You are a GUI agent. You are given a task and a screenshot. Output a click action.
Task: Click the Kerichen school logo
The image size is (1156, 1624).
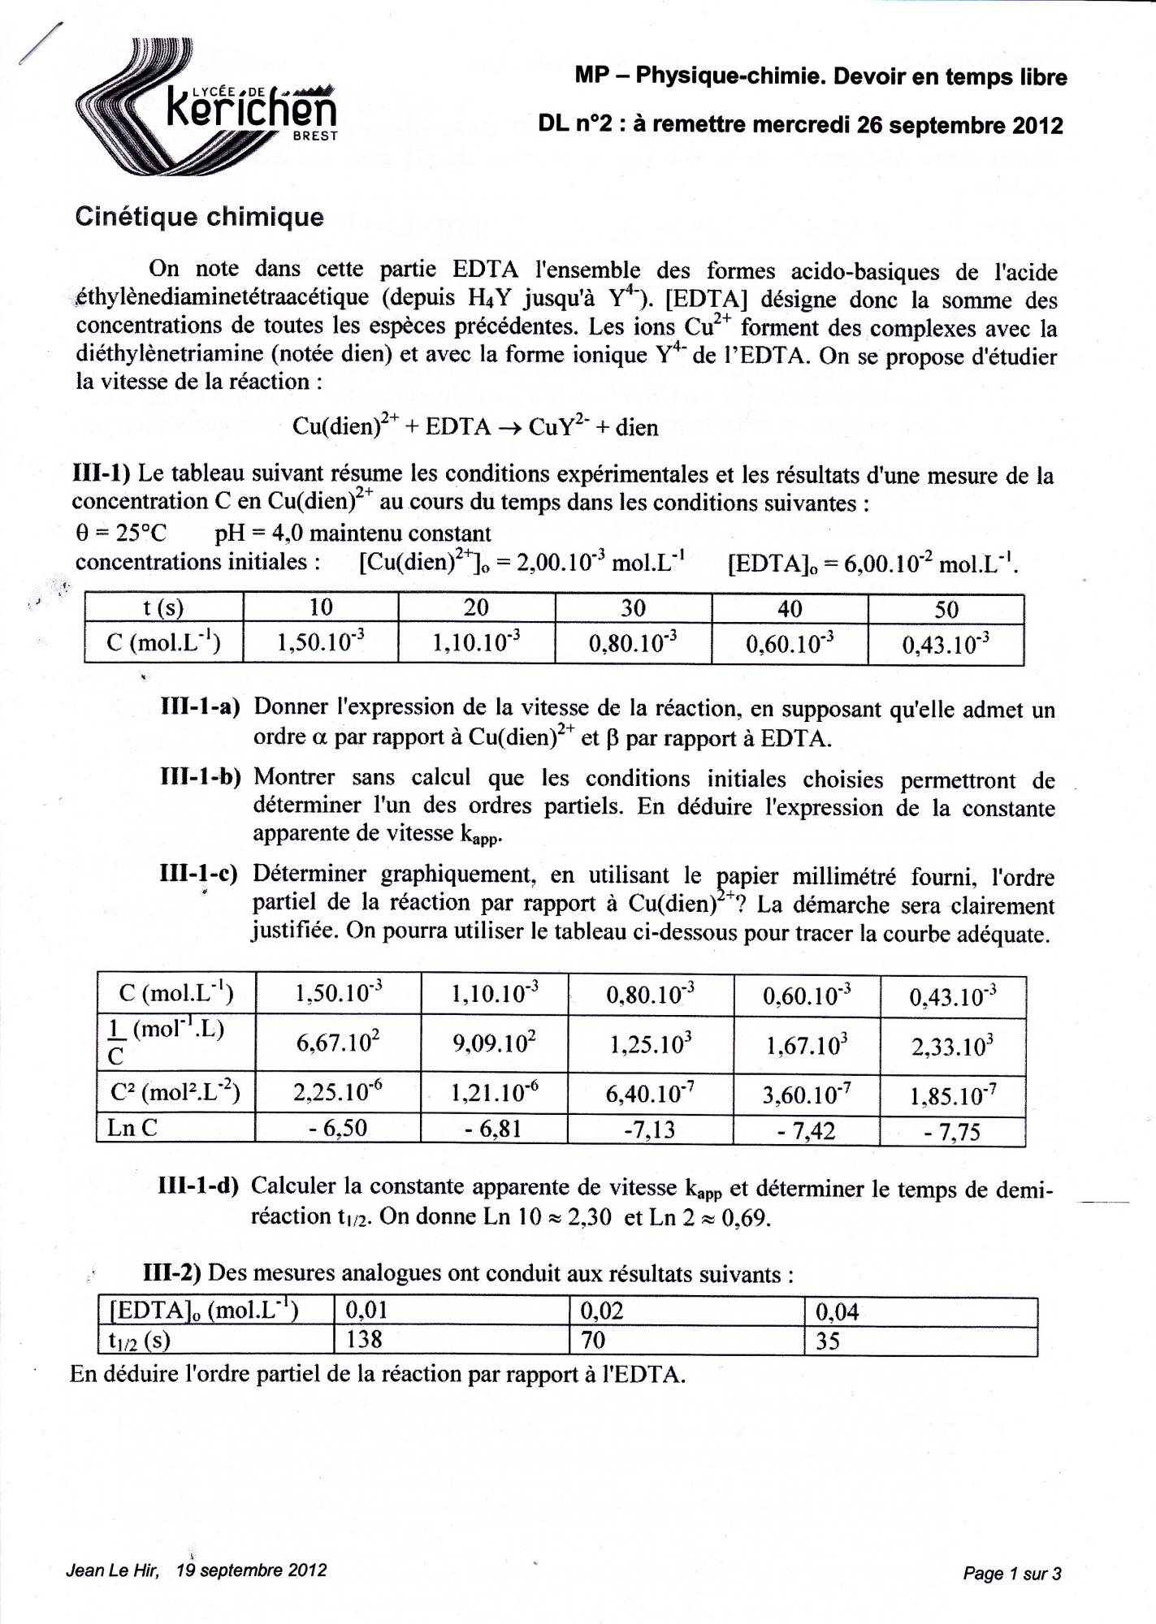[x=207, y=110]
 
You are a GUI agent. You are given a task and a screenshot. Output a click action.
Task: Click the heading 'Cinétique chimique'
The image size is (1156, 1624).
[x=199, y=217]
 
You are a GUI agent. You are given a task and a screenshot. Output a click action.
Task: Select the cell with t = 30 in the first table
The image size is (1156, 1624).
[x=633, y=608]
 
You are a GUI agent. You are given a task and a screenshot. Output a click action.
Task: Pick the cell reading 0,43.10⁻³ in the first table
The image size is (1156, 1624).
[x=946, y=645]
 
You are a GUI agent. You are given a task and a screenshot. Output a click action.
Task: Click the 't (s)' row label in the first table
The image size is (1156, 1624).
[x=163, y=608]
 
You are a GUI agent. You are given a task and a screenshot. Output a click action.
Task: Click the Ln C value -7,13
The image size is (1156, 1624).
[x=649, y=1129]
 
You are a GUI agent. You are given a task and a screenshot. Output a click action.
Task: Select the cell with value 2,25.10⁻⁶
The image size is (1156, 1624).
[x=338, y=1093]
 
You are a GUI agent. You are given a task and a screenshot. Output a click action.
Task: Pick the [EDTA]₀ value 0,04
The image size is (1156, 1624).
[x=837, y=1311]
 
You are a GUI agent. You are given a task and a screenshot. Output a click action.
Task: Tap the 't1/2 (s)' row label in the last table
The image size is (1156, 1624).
[x=139, y=1340]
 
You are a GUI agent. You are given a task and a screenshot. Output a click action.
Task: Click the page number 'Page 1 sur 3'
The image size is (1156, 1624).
[x=1011, y=1574]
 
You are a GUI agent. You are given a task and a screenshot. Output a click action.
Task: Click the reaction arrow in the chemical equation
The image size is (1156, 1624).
[x=509, y=427]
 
